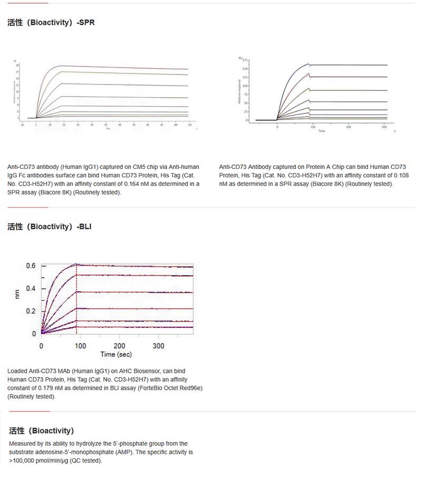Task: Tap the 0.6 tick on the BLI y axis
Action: (31, 266)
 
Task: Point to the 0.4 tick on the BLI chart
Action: (31, 288)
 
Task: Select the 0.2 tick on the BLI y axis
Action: (31, 311)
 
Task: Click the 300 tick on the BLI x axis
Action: (158, 345)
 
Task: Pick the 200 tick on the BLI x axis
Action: (120, 345)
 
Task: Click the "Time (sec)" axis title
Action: (117, 354)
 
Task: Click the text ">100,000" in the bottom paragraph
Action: (22, 461)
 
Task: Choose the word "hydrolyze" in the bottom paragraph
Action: (78, 444)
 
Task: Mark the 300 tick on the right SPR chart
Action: (384, 127)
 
